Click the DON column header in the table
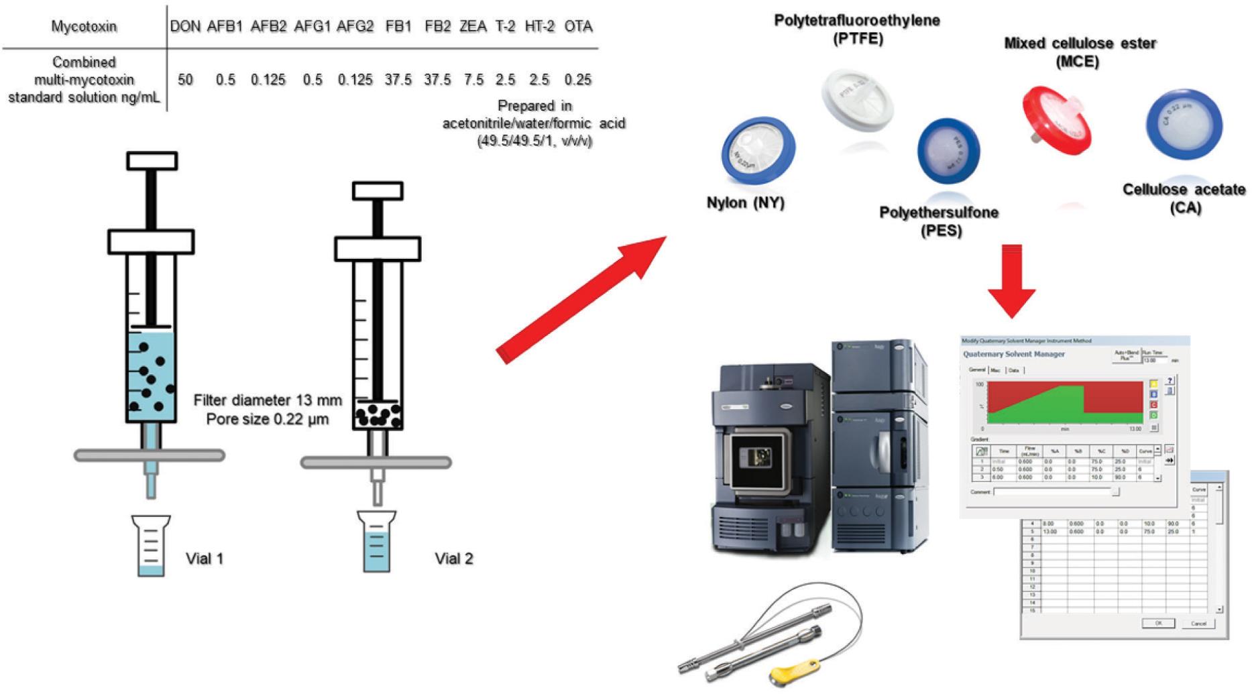tap(185, 26)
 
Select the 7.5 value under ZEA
tap(473, 80)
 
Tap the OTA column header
tap(578, 26)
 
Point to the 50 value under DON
tap(185, 80)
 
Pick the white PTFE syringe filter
tap(857, 98)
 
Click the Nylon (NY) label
tap(745, 203)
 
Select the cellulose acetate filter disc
tap(1184, 123)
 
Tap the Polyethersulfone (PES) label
tap(939, 221)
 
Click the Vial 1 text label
tap(205, 559)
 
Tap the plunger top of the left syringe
tap(152, 161)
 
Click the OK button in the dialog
tap(1158, 624)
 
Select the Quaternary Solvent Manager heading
tap(1013, 354)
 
